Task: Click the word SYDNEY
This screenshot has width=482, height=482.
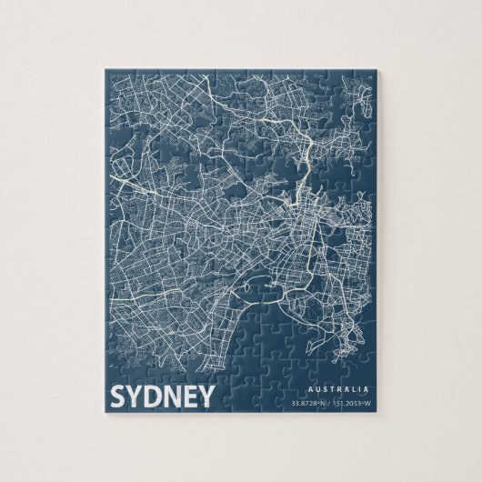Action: [162, 396]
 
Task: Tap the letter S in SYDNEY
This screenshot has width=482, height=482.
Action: [118, 396]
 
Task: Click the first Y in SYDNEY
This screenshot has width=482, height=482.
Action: [136, 396]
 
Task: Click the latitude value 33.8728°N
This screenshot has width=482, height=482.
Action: [309, 403]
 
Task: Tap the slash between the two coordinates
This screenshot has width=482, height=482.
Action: [331, 403]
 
